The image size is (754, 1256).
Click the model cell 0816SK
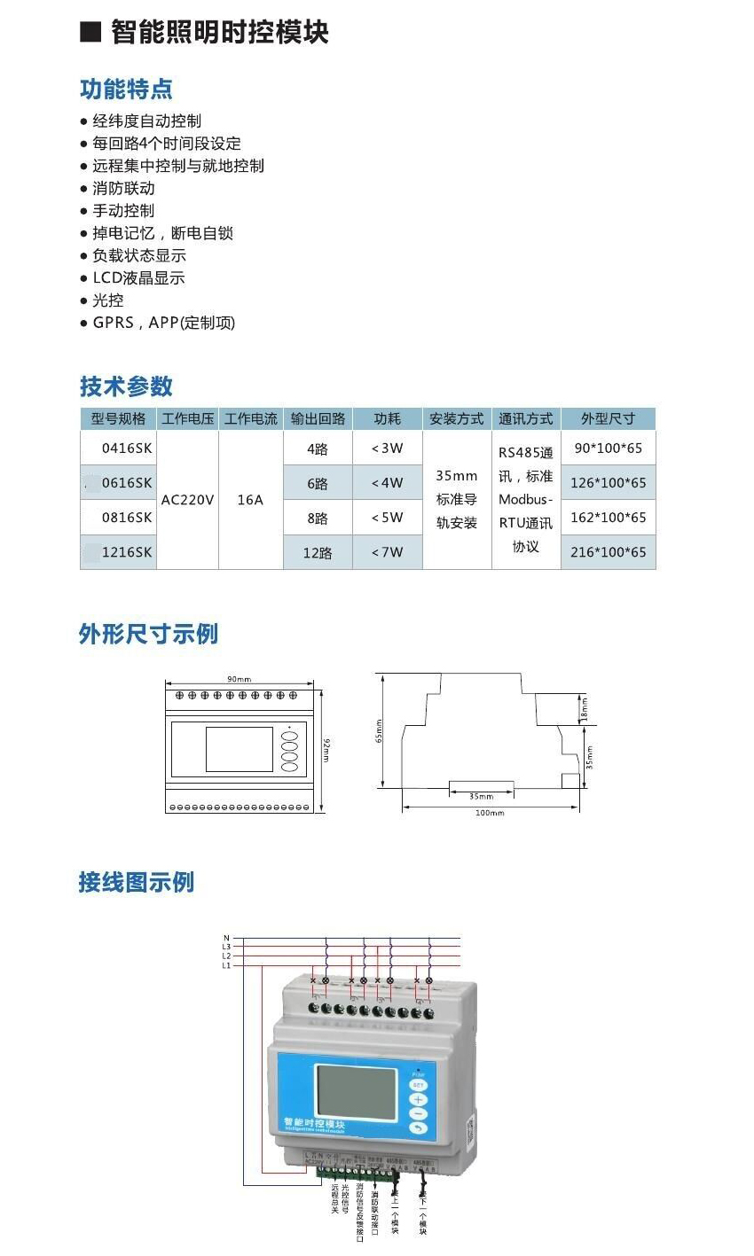(x=126, y=518)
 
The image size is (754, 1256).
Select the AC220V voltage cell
(x=187, y=500)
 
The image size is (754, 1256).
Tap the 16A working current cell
(x=250, y=500)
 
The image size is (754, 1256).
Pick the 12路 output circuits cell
(x=318, y=552)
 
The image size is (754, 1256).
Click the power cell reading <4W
(x=387, y=483)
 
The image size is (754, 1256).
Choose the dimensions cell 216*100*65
(x=608, y=552)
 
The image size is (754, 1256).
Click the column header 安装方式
(x=457, y=418)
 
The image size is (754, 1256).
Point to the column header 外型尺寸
(x=608, y=418)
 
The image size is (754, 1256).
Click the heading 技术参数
(x=126, y=386)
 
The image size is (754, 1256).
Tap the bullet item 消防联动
(x=123, y=188)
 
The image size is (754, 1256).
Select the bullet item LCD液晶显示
(x=138, y=278)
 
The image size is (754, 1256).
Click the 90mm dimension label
(x=239, y=679)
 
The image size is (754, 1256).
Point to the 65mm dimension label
(x=379, y=730)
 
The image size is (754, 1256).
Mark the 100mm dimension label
(x=489, y=813)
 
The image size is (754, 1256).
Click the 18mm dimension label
(x=585, y=708)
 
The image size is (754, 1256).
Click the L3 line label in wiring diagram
(x=226, y=947)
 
